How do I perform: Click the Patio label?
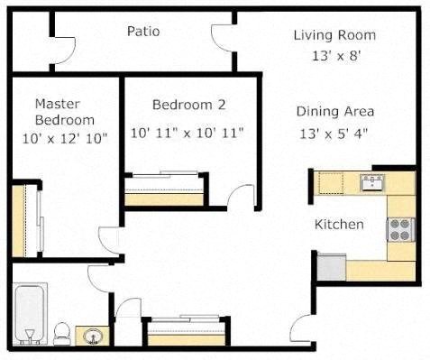(143, 32)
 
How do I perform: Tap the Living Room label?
(334, 35)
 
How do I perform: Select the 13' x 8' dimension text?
(334, 56)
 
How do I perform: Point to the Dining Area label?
(334, 112)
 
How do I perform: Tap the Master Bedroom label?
(64, 112)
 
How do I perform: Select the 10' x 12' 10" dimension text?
(64, 139)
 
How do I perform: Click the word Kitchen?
(339, 224)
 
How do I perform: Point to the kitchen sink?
(371, 183)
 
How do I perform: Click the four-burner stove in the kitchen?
(400, 229)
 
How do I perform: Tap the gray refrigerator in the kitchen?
(331, 266)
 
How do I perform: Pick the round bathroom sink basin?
(91, 337)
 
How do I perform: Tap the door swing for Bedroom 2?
(242, 197)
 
